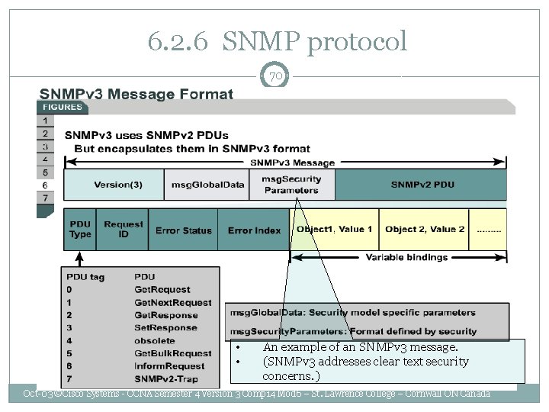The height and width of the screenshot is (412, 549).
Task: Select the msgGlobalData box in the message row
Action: [207, 185]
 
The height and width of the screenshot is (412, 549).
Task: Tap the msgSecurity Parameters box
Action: [291, 185]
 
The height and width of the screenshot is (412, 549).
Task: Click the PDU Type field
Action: [79, 230]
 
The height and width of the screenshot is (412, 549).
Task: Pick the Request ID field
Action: [123, 230]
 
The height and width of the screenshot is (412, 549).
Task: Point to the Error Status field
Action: [184, 230]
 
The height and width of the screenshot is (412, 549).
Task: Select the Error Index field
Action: [254, 230]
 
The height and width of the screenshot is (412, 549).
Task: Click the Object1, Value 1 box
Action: [335, 230]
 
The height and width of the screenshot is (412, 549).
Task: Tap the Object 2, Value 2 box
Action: [424, 230]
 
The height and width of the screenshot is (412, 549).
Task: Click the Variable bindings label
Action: [406, 257]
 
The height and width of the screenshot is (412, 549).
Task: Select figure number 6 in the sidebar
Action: [45, 185]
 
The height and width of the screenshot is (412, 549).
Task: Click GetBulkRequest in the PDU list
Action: [173, 354]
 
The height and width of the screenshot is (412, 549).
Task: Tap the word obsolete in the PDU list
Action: [155, 341]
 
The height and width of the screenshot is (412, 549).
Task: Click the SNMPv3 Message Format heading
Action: [136, 95]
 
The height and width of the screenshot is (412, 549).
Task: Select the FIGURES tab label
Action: [63, 108]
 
